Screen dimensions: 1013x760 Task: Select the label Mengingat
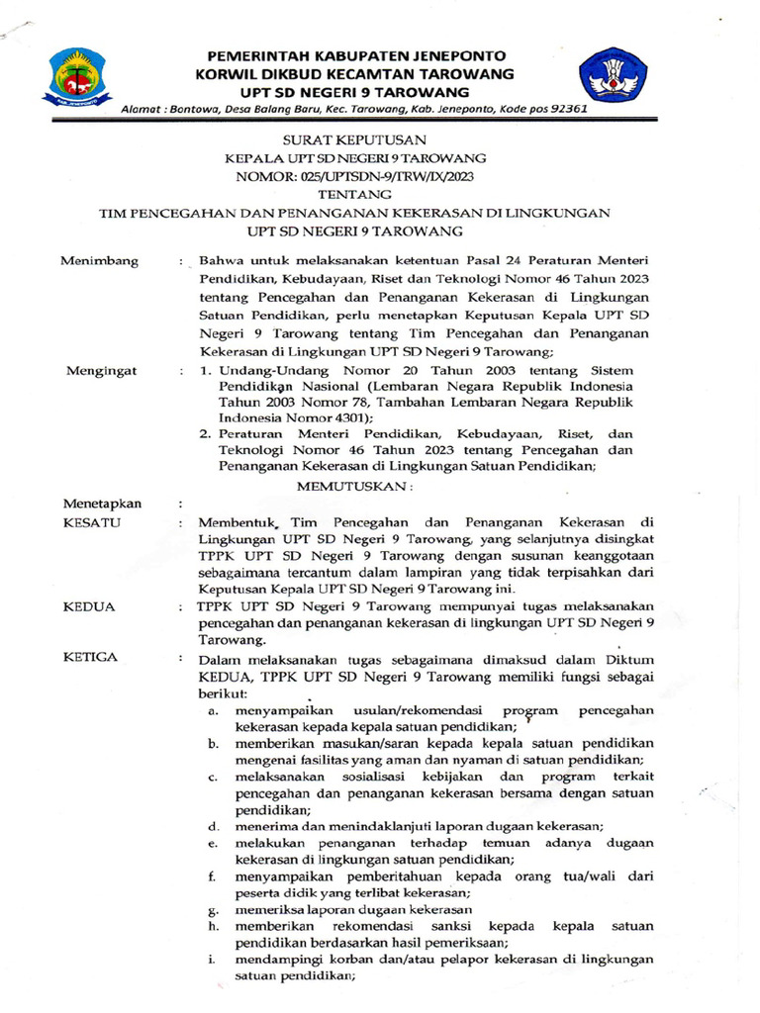100,370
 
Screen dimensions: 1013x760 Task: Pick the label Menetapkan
103,504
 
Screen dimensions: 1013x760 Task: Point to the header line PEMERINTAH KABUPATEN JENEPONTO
355,55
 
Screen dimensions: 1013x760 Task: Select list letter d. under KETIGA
213,825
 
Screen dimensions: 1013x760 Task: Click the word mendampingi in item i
278,960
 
